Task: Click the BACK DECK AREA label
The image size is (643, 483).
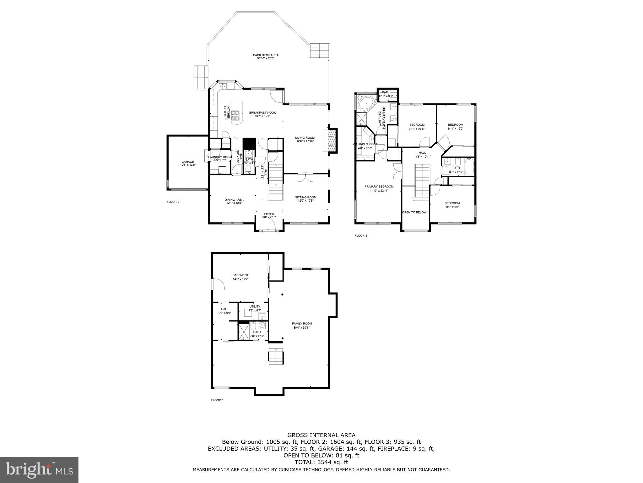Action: point(266,57)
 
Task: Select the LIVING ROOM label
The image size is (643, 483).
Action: point(305,139)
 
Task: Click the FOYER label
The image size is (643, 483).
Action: point(269,215)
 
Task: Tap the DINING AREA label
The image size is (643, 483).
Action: point(234,201)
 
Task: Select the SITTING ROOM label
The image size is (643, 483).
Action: point(305,199)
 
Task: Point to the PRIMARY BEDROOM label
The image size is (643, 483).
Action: point(379,188)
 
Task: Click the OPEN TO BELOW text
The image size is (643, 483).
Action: point(414,212)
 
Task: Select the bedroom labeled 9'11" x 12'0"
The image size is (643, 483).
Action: point(455,126)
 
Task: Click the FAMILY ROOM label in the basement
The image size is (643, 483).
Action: point(302,325)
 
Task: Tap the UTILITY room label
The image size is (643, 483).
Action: point(255,308)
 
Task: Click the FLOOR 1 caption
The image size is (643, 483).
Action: point(217,400)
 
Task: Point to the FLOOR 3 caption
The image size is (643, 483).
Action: point(361,236)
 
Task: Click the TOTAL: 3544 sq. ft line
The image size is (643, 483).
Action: point(321,462)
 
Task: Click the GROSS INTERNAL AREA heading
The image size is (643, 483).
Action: point(321,435)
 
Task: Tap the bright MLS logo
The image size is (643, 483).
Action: point(39,470)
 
